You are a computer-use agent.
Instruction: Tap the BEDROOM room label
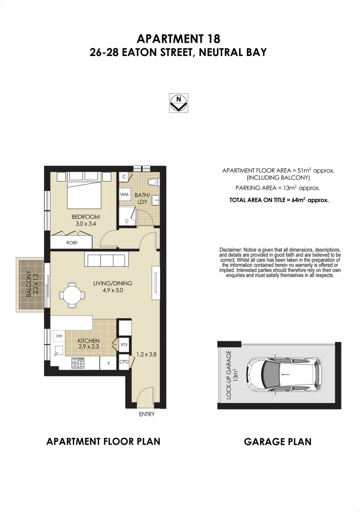(x=85, y=217)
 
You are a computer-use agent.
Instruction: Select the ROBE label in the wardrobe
(x=72, y=242)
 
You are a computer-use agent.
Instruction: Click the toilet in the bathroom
(x=153, y=182)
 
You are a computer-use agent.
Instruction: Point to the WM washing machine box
(x=124, y=195)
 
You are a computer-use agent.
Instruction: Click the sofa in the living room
(x=105, y=260)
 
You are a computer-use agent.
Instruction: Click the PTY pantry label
(x=124, y=345)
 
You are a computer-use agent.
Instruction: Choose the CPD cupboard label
(x=124, y=362)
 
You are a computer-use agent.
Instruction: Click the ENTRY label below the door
(x=146, y=414)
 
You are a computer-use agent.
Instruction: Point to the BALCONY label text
(x=29, y=284)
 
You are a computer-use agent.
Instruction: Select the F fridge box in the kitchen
(x=108, y=364)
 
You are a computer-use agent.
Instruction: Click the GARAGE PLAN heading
(x=278, y=442)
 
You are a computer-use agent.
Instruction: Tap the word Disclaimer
(x=230, y=250)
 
